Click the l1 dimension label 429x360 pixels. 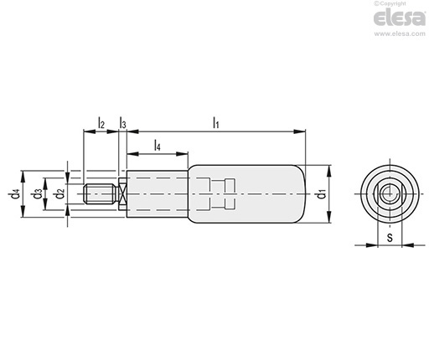point(215,122)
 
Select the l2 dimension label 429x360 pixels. point(101,123)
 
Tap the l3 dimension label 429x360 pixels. point(122,123)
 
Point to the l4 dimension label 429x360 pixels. point(158,146)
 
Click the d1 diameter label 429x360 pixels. point(322,193)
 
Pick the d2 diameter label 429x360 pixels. point(60,193)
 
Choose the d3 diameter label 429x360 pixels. point(38,194)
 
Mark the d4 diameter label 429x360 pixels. point(15,194)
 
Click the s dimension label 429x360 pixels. point(390,238)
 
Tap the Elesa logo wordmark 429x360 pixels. point(400,18)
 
